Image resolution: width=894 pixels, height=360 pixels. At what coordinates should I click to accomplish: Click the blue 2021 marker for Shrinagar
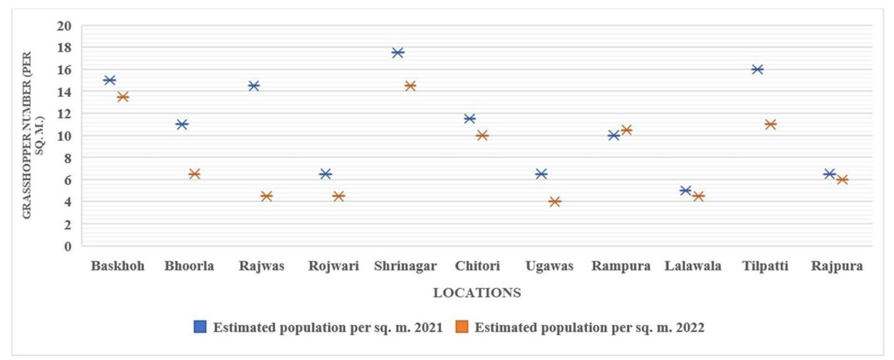click(x=398, y=52)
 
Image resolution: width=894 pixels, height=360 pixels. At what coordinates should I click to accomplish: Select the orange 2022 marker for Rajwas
click(x=266, y=196)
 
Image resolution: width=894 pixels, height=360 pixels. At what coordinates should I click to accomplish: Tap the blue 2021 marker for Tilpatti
click(x=758, y=69)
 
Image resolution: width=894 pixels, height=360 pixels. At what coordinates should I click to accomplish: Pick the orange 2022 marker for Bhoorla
click(x=194, y=174)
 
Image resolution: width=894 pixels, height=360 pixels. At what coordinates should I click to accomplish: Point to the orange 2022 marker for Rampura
click(x=626, y=130)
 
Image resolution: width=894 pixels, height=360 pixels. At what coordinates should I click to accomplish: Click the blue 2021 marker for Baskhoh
click(x=110, y=80)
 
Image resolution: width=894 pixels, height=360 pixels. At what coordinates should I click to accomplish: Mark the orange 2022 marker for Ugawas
click(x=554, y=202)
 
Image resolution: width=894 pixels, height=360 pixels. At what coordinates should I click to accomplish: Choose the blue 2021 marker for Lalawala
click(x=686, y=190)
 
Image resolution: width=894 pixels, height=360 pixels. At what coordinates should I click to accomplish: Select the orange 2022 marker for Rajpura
click(x=842, y=179)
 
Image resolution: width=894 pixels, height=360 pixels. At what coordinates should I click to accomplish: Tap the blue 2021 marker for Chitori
click(x=470, y=118)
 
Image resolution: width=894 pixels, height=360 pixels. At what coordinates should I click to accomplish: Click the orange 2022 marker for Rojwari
click(x=338, y=196)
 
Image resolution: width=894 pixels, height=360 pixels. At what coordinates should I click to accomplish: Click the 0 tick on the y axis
click(x=68, y=246)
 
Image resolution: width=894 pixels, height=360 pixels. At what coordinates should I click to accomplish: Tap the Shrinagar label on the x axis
click(x=406, y=266)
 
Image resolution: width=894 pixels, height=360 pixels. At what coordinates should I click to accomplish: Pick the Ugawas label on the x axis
click(x=550, y=266)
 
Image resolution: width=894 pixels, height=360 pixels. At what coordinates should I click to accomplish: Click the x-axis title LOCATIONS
click(x=477, y=293)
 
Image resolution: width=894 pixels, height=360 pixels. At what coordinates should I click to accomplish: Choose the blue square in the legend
click(x=200, y=327)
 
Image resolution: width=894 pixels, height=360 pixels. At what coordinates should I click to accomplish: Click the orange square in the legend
click(x=462, y=327)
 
